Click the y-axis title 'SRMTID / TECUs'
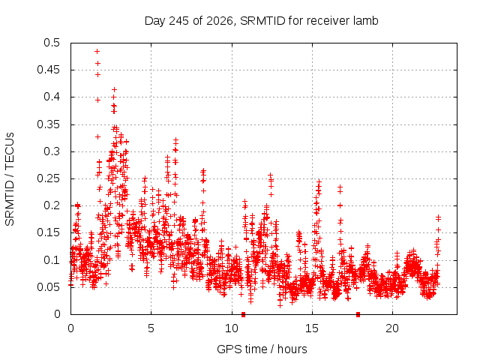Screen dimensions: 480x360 10,179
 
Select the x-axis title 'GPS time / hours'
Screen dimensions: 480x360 262,349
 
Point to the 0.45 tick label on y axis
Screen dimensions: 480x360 48,70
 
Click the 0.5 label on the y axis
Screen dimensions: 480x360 52,43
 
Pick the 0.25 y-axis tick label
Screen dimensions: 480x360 48,178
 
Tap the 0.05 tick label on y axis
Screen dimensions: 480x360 48,287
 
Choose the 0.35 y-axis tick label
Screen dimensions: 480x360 48,124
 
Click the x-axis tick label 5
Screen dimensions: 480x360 151,328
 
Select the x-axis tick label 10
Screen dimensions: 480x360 232,328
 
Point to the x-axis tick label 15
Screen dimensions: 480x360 312,328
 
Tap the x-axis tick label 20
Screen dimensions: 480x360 392,328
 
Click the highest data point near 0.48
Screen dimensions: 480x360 97,51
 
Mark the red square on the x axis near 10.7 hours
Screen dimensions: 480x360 243,314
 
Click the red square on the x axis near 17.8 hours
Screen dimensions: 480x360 358,314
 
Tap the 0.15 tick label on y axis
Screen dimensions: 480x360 48,232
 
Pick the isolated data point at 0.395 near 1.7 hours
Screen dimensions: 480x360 97,100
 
